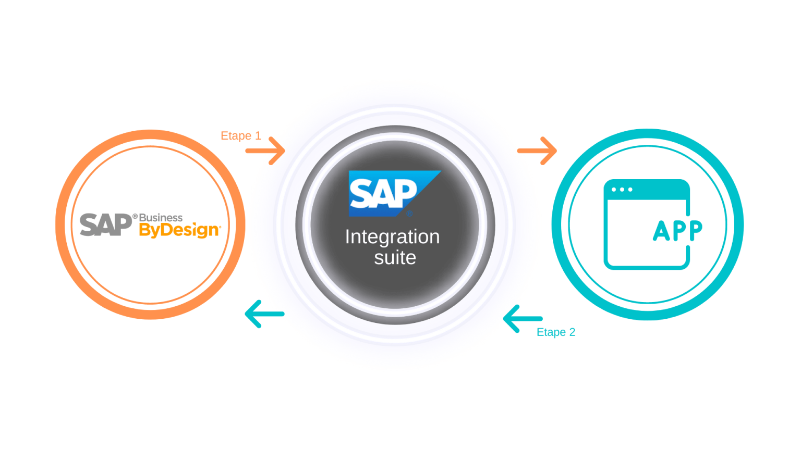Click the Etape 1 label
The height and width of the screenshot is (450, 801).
point(240,136)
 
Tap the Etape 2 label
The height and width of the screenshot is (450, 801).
point(556,332)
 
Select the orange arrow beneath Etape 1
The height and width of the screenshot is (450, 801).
point(265,151)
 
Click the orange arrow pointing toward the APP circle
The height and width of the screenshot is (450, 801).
point(537,151)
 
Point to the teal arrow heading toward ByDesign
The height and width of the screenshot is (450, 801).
point(264,314)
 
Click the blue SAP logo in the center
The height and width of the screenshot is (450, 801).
point(389,193)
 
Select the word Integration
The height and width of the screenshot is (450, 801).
point(392,237)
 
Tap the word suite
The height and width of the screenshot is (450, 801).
point(395,258)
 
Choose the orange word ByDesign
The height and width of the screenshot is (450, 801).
point(179,230)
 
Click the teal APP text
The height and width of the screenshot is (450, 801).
point(677,231)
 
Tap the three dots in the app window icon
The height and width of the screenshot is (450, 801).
point(622,189)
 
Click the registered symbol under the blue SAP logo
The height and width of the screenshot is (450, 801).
point(409,213)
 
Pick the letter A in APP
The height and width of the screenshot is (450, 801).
point(660,231)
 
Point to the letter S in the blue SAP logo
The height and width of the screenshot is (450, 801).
point(360,193)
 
